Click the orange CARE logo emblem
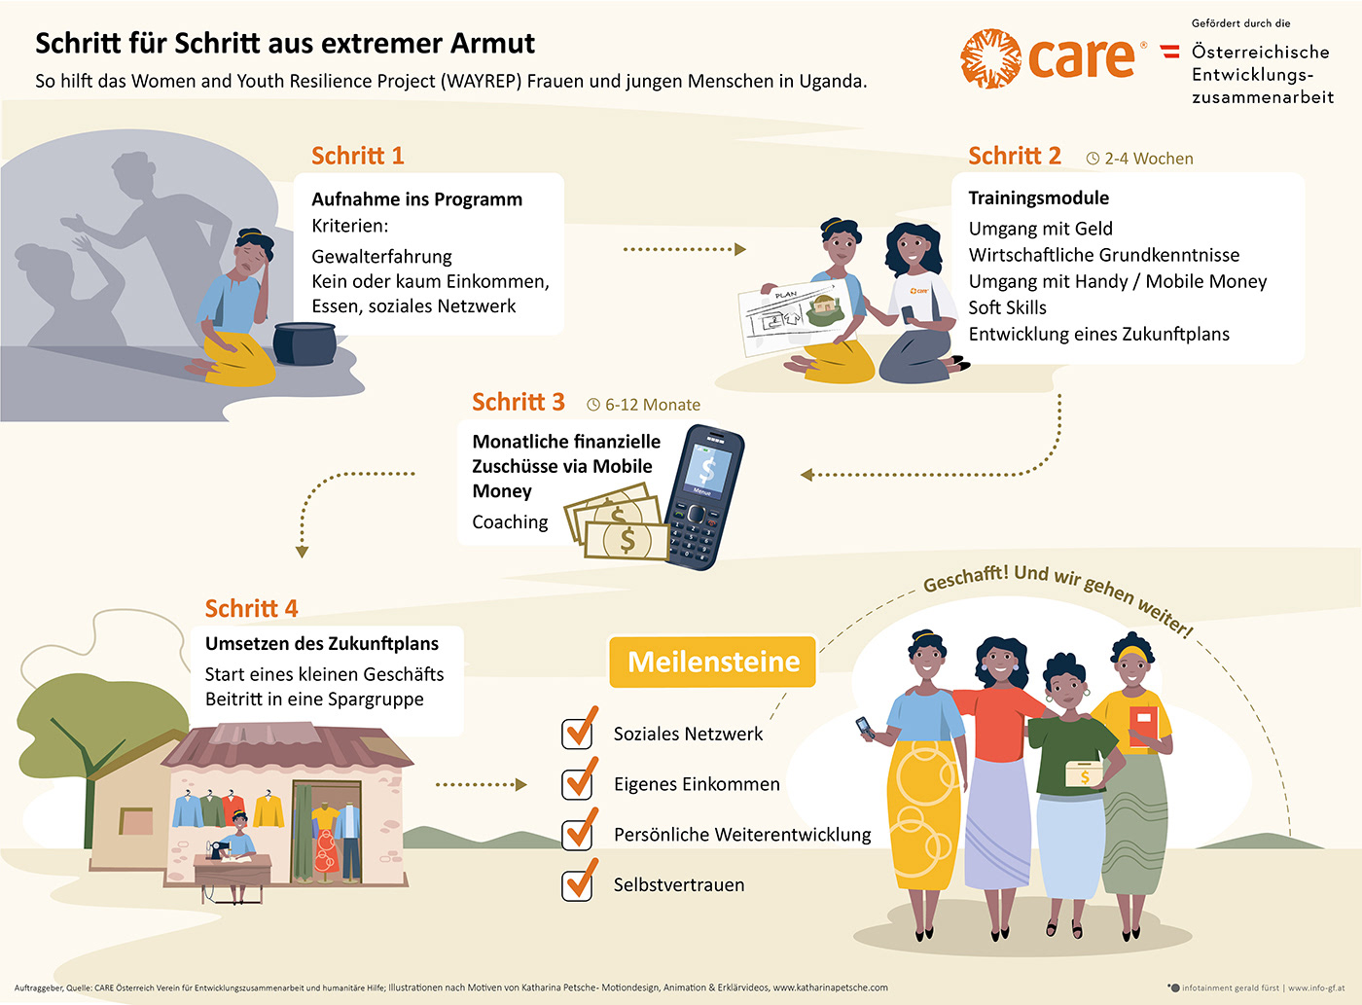[x=991, y=58]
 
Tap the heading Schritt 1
[x=357, y=156]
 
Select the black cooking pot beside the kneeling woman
[x=305, y=342]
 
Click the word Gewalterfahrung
[x=381, y=257]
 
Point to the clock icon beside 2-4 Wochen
[x=1093, y=159]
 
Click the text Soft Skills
[x=1007, y=307]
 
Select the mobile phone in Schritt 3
[x=704, y=496]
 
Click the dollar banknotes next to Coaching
[x=617, y=525]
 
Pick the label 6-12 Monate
[x=652, y=405]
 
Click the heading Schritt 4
[x=251, y=608]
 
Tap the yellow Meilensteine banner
[x=713, y=662]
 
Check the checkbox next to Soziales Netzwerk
[x=578, y=733]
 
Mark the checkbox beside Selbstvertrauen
[x=578, y=883]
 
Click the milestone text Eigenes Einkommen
[x=697, y=784]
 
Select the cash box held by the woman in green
[x=1085, y=773]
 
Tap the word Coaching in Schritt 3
[x=510, y=522]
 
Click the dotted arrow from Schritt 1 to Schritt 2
[x=684, y=250]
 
